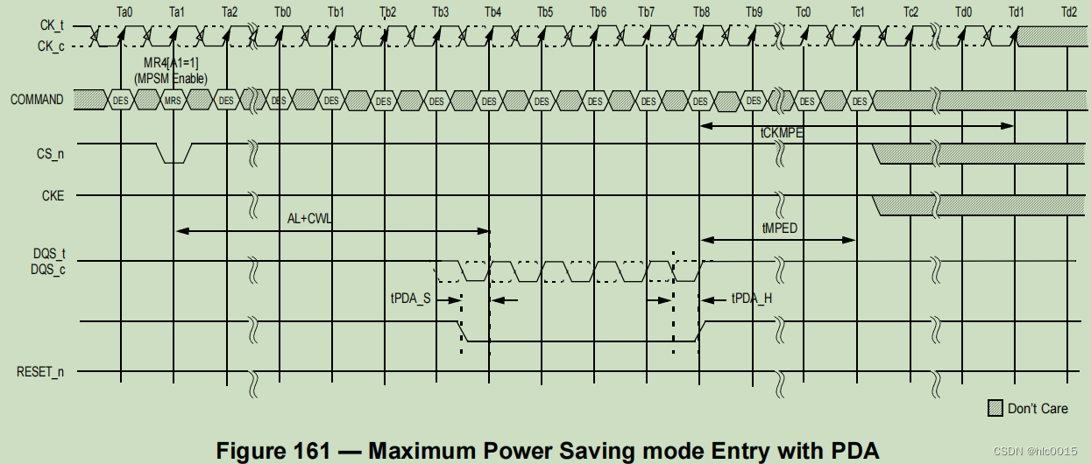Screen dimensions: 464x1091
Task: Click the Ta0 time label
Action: (x=124, y=12)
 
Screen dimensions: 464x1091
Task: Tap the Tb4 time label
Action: (x=493, y=12)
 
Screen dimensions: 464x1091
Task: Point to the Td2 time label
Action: (x=1068, y=12)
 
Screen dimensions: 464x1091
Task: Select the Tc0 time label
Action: (x=803, y=12)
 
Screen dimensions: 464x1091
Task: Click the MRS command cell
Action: (x=174, y=101)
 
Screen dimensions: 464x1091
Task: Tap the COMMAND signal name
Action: (x=37, y=100)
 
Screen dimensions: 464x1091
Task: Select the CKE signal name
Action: (x=52, y=196)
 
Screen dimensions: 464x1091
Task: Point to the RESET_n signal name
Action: (x=40, y=372)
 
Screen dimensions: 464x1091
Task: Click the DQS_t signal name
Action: (x=49, y=253)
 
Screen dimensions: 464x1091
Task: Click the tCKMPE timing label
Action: (x=783, y=134)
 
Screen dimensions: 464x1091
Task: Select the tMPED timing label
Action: (x=779, y=228)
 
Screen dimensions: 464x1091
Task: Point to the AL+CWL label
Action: (x=310, y=218)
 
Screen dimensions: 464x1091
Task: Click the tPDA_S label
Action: (x=410, y=299)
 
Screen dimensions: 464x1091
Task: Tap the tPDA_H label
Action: (x=751, y=299)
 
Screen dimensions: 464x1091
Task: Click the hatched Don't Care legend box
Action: (x=995, y=408)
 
